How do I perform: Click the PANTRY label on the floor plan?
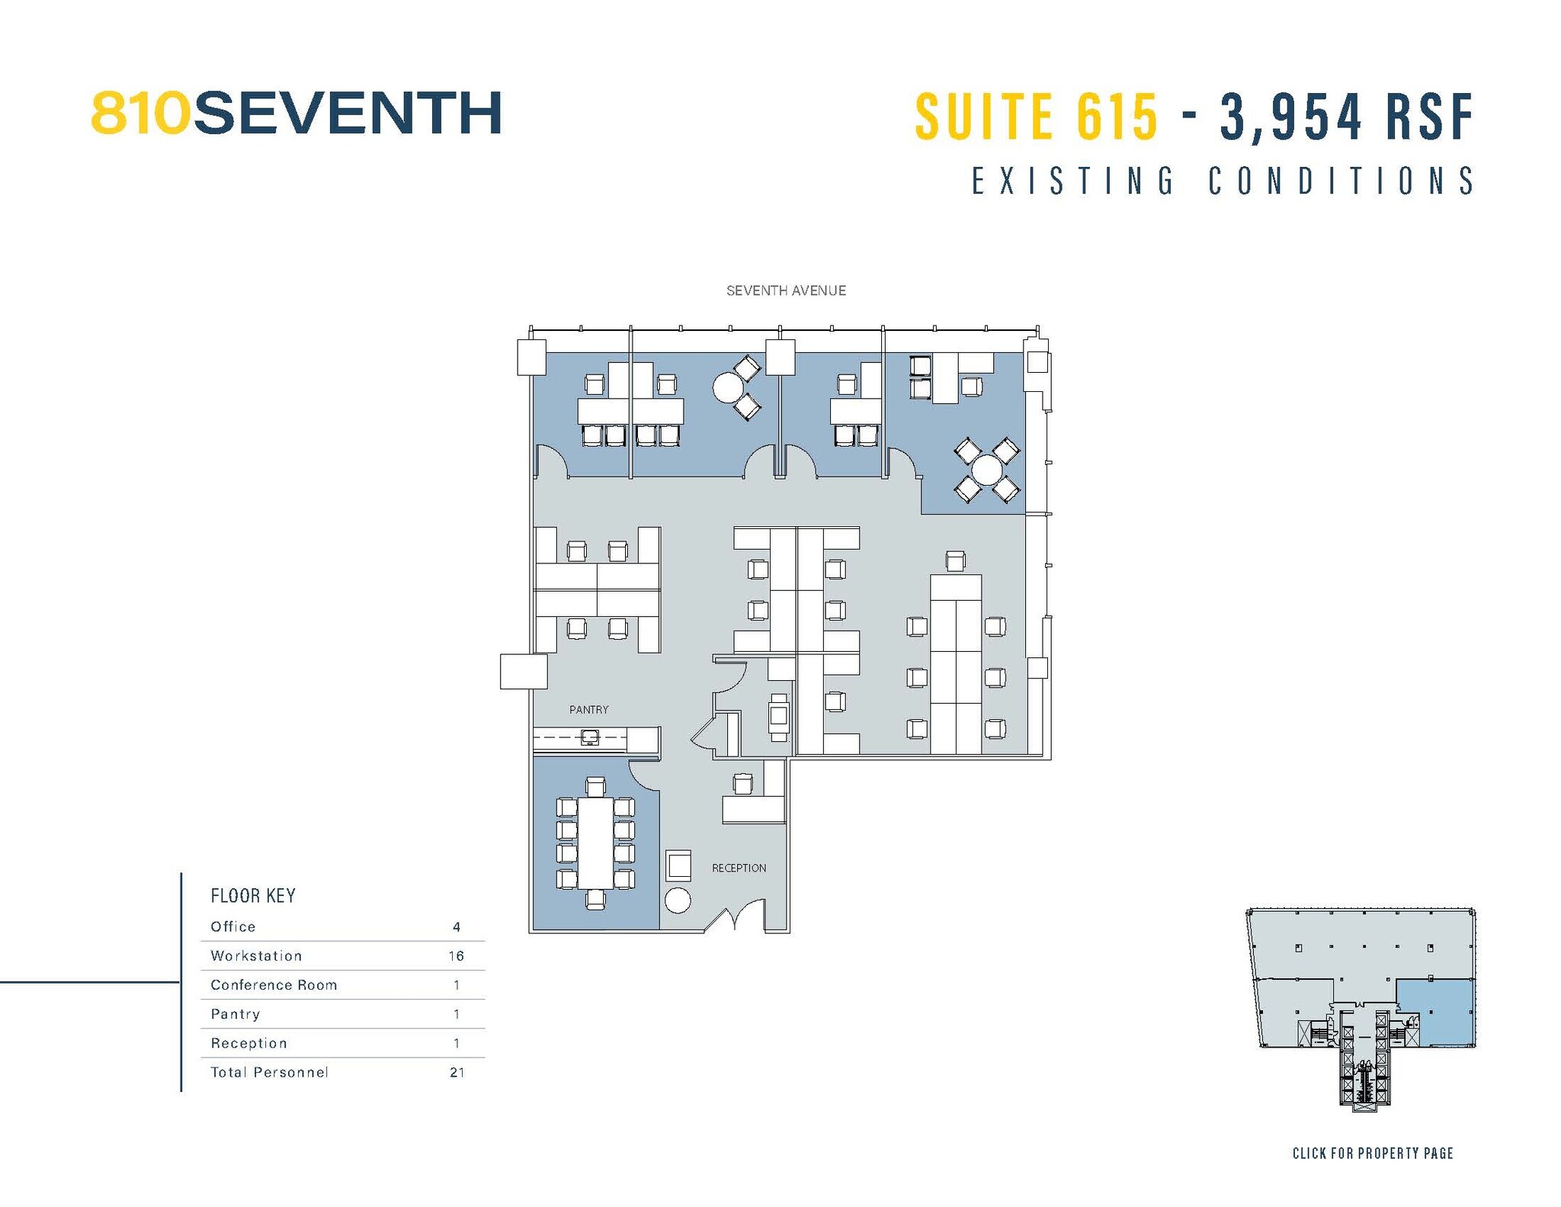click(588, 709)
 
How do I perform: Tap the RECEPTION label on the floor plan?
click(739, 868)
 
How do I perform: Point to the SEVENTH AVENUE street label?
click(786, 291)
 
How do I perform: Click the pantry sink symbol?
click(589, 737)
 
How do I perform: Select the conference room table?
click(595, 843)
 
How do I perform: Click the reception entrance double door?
click(734, 917)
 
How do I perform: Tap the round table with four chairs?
click(987, 470)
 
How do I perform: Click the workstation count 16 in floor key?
click(456, 955)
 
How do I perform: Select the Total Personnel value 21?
click(457, 1072)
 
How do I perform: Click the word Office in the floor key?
click(233, 926)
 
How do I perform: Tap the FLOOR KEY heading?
click(253, 895)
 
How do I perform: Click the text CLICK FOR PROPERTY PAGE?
click(1372, 1153)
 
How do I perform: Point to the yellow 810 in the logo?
click(140, 114)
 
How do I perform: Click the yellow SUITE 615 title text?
click(1036, 117)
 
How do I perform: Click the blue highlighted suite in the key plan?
click(1434, 1012)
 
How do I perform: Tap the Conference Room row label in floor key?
click(274, 984)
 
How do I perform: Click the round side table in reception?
click(678, 900)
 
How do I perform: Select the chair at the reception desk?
click(742, 783)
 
